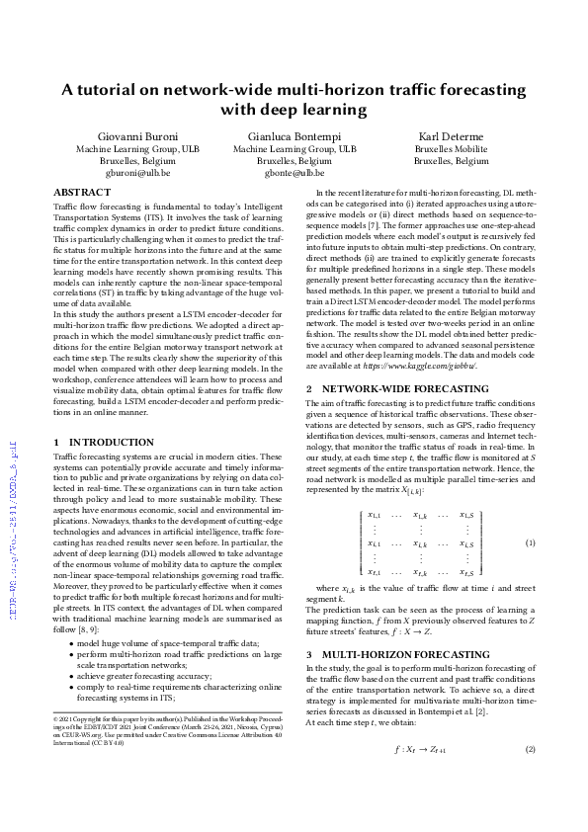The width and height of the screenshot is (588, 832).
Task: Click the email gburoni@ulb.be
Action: tap(138, 172)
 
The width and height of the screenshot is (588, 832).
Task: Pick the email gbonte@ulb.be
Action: tap(294, 172)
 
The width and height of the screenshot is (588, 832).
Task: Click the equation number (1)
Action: tap(529, 516)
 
